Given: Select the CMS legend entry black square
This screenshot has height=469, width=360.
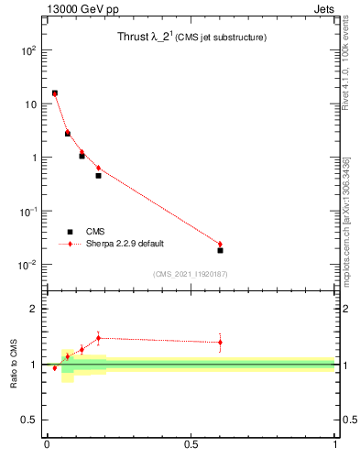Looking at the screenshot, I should [x=69, y=232].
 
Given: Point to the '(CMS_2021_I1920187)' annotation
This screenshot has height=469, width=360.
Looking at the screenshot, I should [x=191, y=274].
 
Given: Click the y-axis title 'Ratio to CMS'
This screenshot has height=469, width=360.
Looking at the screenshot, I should [x=14, y=364].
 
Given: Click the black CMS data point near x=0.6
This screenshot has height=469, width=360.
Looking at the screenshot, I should [x=220, y=250].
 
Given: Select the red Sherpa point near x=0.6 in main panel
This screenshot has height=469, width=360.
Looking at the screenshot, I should [x=220, y=244].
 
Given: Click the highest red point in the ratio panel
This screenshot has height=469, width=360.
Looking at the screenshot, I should [x=98, y=338].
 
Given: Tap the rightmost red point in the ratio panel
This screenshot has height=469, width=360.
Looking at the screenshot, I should [x=220, y=343].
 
